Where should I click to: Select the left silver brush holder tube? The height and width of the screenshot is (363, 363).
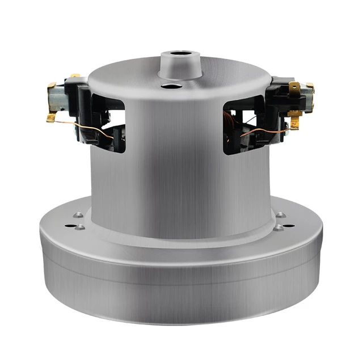(x=56, y=98)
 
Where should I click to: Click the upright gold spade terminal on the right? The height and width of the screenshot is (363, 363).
(x=294, y=88)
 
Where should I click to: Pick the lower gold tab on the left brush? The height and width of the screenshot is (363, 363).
(x=51, y=117)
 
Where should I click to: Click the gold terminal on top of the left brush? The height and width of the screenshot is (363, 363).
(x=74, y=75)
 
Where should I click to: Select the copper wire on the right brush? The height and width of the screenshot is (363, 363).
(x=264, y=132)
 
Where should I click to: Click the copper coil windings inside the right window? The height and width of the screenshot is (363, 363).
(x=230, y=119)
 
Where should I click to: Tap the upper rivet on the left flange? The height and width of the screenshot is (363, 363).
(x=78, y=215)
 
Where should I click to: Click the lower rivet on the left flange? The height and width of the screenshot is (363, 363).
(x=80, y=227)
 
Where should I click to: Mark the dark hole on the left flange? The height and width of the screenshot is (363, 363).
(x=69, y=226)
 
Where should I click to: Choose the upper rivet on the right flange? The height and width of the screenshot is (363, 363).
(x=280, y=215)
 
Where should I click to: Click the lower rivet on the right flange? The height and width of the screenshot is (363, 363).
(x=278, y=227)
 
